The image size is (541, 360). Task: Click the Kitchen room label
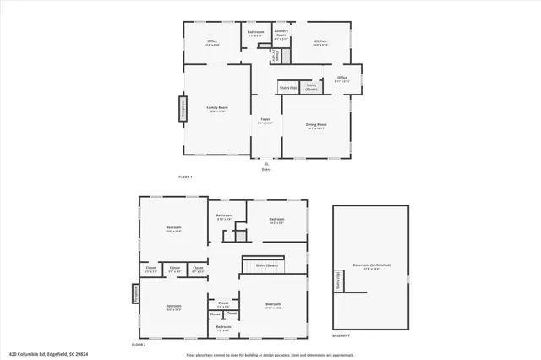(x=320, y=41)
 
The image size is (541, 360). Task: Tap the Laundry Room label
(x=281, y=35)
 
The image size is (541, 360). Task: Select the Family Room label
(x=217, y=108)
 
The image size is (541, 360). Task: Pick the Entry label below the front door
(x=266, y=170)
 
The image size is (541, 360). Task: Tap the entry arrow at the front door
(x=266, y=162)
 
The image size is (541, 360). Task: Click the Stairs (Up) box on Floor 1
(x=288, y=88)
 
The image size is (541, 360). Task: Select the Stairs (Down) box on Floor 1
(x=311, y=86)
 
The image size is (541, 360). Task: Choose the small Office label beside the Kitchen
(x=342, y=78)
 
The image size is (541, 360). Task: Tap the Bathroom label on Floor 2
(x=224, y=216)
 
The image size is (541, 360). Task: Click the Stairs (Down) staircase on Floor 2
(x=267, y=265)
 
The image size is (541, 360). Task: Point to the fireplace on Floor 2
(x=135, y=293)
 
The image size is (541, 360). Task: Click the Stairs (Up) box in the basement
(x=339, y=281)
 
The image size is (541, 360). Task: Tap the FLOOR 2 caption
(x=139, y=345)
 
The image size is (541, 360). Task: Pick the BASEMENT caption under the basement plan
(x=342, y=336)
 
